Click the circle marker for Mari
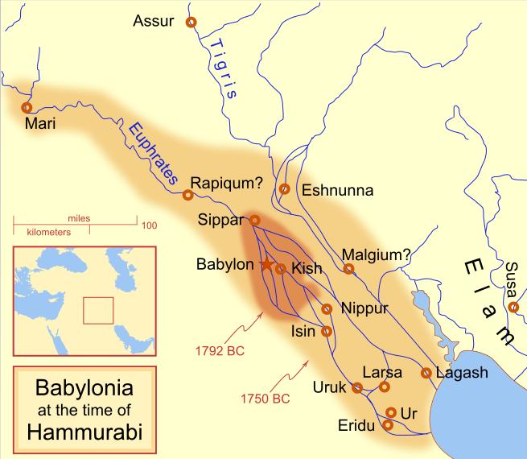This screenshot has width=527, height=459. (x=27, y=107)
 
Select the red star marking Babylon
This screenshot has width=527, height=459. (x=266, y=264)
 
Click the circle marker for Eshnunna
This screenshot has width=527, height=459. (x=284, y=189)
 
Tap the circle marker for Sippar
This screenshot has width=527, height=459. (x=254, y=220)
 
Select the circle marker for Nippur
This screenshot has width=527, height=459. (x=327, y=309)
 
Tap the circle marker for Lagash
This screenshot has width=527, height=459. (x=426, y=373)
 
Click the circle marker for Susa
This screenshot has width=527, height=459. (x=513, y=307)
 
